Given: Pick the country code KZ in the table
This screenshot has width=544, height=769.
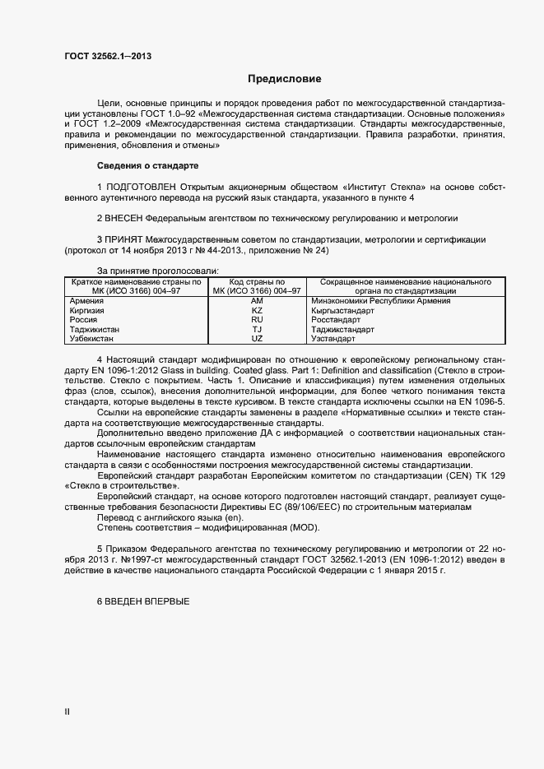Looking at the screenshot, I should (257, 311).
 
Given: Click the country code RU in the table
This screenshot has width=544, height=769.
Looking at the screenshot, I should (257, 320).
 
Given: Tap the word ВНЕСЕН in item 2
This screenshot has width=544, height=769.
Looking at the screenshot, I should (123, 218).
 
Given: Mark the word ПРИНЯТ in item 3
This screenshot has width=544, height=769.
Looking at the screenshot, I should (123, 239).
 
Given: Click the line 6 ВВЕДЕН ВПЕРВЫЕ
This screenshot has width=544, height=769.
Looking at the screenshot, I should (143, 602).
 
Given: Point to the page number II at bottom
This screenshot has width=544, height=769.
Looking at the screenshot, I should (67, 712).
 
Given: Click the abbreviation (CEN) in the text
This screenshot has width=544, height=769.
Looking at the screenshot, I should (454, 476).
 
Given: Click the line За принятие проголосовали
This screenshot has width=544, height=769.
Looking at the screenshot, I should (157, 271).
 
